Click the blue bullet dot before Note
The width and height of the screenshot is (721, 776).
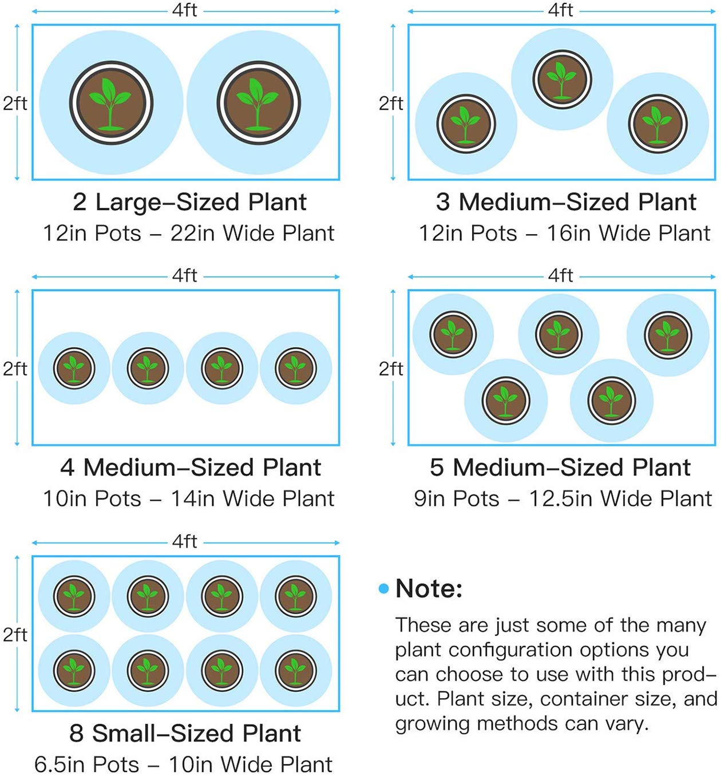pyautogui.click(x=383, y=588)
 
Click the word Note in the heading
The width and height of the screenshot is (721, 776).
pyautogui.click(x=429, y=588)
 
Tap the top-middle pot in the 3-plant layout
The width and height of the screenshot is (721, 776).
pyautogui.click(x=561, y=79)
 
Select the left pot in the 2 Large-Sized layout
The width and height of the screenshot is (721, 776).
pyautogui.click(x=111, y=103)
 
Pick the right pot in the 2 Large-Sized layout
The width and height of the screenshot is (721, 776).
pyautogui.click(x=259, y=103)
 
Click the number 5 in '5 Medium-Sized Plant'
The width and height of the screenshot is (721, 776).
pyautogui.click(x=437, y=468)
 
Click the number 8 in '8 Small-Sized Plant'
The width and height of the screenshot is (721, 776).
pyautogui.click(x=76, y=734)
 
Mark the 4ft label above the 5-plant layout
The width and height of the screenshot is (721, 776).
pyautogui.click(x=561, y=276)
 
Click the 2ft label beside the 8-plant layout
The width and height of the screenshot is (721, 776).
pyautogui.click(x=15, y=634)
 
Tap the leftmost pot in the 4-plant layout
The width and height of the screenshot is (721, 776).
pyautogui.click(x=74, y=369)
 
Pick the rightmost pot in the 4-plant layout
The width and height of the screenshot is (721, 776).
pyautogui.click(x=295, y=369)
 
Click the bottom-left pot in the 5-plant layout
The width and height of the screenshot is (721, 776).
pyautogui.click(x=505, y=400)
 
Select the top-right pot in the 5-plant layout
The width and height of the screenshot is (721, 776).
pyautogui.click(x=667, y=334)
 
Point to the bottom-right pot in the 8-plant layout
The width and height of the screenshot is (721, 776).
pyautogui.click(x=295, y=670)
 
